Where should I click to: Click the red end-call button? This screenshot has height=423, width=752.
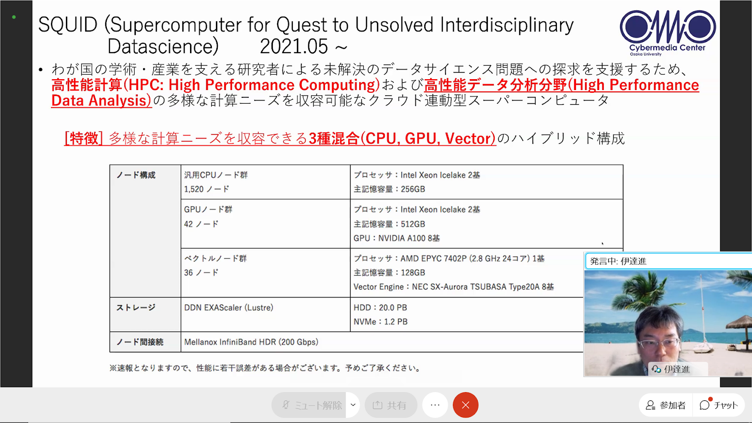click(x=465, y=405)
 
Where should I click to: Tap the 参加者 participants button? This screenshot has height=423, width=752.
click(x=665, y=405)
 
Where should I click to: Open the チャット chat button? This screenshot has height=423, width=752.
click(x=719, y=405)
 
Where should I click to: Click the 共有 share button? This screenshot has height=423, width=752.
click(x=391, y=405)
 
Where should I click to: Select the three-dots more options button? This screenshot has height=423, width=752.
click(x=435, y=405)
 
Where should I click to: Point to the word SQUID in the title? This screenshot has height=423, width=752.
click(x=68, y=25)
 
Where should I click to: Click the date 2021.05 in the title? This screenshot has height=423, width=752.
click(x=294, y=46)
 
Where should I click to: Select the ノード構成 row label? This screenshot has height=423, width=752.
click(x=135, y=175)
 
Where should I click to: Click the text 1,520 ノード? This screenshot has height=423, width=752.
click(x=206, y=189)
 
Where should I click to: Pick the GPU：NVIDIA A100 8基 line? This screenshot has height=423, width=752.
click(x=396, y=238)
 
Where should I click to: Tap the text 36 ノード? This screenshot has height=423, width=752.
click(x=201, y=272)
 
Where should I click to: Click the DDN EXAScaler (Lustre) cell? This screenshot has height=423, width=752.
click(x=229, y=307)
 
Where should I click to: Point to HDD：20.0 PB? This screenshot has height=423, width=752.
click(x=380, y=307)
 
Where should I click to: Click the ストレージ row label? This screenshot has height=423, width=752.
click(x=135, y=307)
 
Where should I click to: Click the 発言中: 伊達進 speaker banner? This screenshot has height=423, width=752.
click(x=668, y=261)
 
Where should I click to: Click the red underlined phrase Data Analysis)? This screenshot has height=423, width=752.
click(x=101, y=100)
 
